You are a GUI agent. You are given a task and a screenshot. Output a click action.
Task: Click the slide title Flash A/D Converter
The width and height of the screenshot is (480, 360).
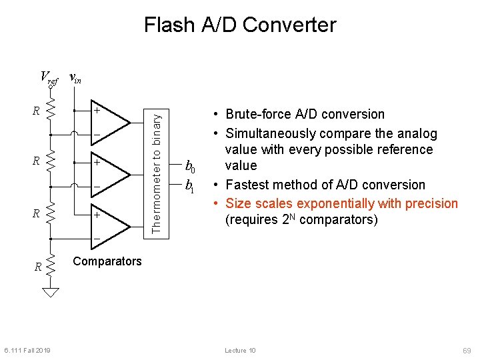point(240,25)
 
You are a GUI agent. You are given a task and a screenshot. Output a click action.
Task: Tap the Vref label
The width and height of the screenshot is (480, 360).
point(49,77)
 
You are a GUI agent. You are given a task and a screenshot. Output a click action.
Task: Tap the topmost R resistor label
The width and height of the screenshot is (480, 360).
point(36,111)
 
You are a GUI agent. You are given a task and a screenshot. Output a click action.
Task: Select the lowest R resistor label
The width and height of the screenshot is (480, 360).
point(38,267)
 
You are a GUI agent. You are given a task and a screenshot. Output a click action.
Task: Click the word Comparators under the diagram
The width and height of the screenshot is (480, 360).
point(107,261)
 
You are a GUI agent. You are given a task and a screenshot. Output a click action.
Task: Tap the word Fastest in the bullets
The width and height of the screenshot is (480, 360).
point(248,185)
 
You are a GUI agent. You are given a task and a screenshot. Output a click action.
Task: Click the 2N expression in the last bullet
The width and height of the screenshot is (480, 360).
point(280,219)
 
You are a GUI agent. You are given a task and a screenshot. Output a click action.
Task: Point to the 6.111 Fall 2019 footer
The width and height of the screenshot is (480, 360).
point(27,351)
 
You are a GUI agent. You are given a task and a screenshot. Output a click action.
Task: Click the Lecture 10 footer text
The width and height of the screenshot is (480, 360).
point(240,351)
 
